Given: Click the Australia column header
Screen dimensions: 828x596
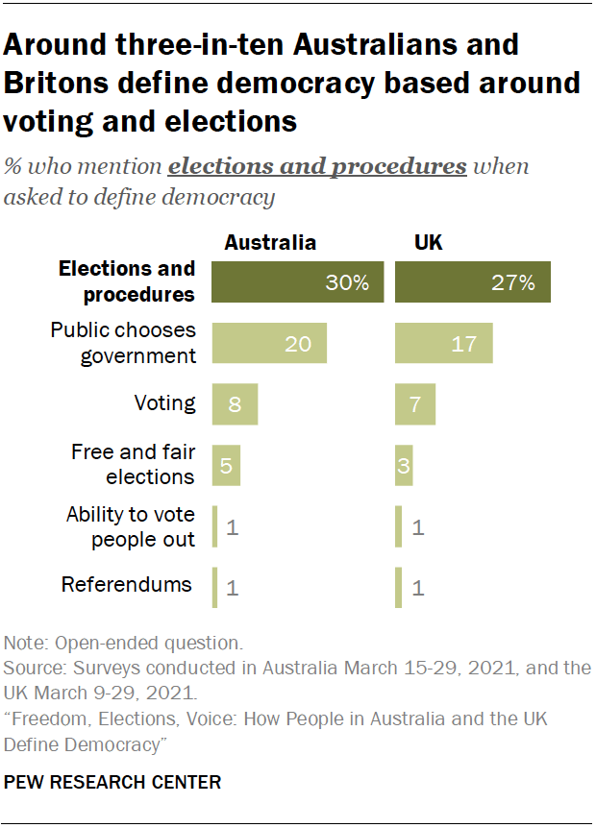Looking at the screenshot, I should click(x=269, y=242).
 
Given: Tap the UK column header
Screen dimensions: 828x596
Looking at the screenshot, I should click(x=428, y=242).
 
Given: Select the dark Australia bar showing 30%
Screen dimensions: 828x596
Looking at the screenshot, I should click(x=298, y=281).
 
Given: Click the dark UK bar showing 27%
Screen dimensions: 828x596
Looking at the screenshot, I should click(x=472, y=281).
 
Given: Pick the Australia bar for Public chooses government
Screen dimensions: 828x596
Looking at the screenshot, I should click(x=269, y=343).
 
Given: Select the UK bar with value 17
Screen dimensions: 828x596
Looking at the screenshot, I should click(x=443, y=343).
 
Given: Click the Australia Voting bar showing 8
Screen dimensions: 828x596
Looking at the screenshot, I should click(x=236, y=404).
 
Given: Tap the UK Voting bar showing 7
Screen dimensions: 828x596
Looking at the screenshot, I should click(x=414, y=404).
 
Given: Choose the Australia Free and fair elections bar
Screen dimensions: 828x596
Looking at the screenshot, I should click(x=226, y=465).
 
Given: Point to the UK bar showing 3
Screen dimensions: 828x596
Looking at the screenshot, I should click(x=404, y=465).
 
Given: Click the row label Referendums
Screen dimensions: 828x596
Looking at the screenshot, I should click(x=126, y=584).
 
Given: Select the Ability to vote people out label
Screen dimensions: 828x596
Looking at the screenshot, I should click(x=131, y=526).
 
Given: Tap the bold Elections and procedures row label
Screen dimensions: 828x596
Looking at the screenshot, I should click(x=127, y=280).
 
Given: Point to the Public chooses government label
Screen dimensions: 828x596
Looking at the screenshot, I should click(x=123, y=342).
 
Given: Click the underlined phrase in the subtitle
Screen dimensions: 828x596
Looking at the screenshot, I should click(x=317, y=166).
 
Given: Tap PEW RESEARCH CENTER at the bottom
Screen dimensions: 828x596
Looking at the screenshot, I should click(x=112, y=782).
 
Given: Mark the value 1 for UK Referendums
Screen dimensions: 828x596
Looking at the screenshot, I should click(x=418, y=588).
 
